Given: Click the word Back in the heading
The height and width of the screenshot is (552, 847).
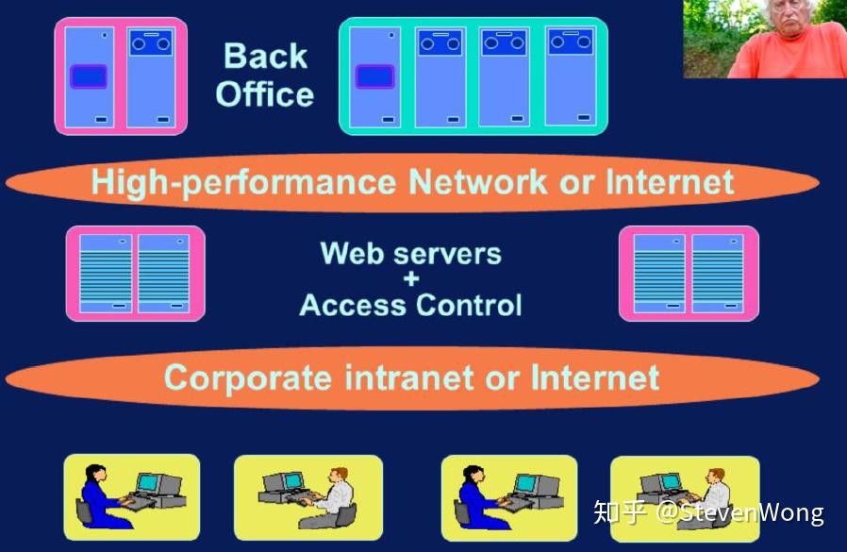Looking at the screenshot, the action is [265, 56].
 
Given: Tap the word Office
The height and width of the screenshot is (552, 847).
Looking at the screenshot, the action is [265, 94].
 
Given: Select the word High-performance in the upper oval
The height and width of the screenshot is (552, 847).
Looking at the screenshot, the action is [243, 182].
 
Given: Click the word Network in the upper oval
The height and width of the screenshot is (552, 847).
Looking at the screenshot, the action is [477, 182].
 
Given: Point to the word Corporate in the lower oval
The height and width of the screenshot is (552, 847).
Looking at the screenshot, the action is [248, 377].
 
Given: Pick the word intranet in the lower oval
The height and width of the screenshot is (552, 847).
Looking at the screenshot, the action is [409, 376].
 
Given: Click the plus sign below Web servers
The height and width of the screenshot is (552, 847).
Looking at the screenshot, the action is [411, 279].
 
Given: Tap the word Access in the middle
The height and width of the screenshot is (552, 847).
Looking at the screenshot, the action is [353, 305].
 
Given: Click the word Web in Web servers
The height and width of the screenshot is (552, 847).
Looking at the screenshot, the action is [352, 253].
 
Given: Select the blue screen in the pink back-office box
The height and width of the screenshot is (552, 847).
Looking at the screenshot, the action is [89, 76].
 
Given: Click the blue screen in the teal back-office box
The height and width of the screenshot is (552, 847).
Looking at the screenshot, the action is [374, 76].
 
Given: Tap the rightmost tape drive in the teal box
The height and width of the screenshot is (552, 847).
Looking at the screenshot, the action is [570, 42].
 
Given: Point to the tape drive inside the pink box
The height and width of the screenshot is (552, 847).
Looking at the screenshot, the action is [151, 42].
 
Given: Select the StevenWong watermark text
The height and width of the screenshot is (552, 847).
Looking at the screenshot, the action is [740, 512].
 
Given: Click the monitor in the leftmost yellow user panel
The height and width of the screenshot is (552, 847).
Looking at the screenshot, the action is [149, 483].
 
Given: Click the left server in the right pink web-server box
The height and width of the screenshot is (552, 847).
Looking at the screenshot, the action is [659, 274].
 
